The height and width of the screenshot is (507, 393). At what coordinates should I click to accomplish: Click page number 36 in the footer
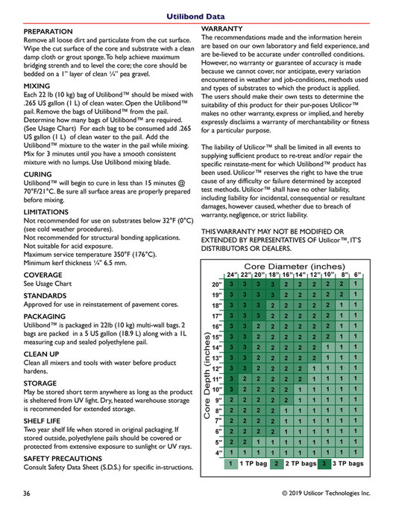(27, 494)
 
